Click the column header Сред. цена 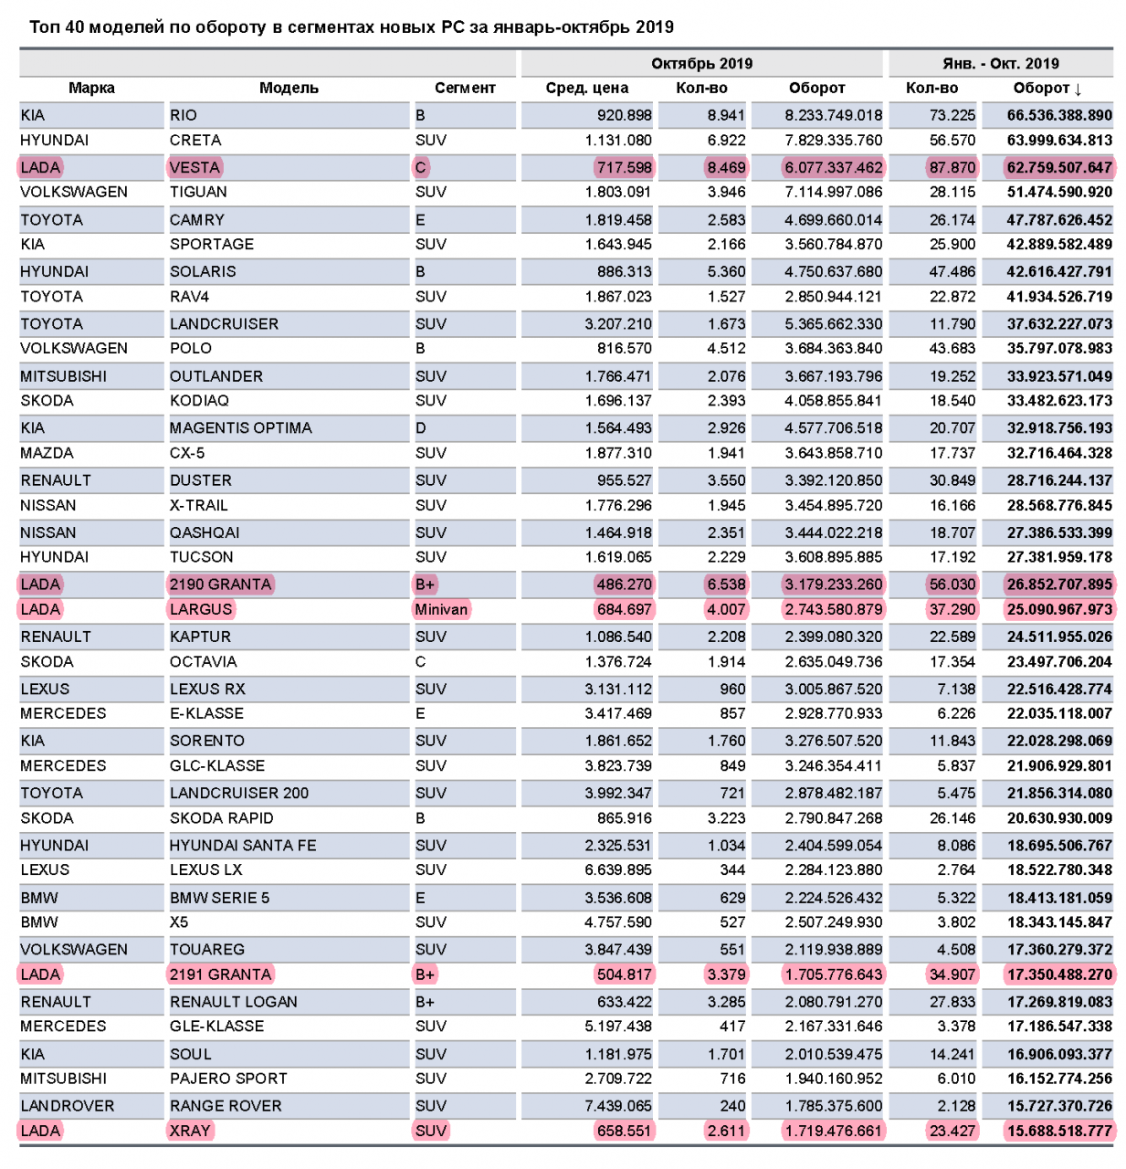pos(586,89)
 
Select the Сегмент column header pos(465,89)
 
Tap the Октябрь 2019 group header pos(701,63)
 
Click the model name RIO pos(184,115)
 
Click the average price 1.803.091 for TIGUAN pos(618,193)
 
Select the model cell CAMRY pos(197,220)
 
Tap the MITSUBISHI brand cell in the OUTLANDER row pos(64,376)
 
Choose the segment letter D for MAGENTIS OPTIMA pos(421,428)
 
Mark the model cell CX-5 pos(187,453)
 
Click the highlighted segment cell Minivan pos(441,609)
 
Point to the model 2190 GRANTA pos(220,584)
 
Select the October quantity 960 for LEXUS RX pos(732,690)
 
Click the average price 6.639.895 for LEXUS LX pos(618,870)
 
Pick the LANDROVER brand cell pos(68,1106)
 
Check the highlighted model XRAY pos(190,1131)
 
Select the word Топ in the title pos(44,27)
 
